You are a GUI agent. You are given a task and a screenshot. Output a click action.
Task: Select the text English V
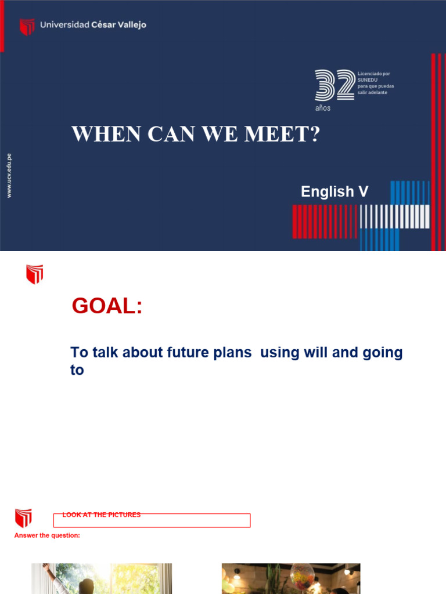334,191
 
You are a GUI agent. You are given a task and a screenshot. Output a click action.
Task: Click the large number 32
334,85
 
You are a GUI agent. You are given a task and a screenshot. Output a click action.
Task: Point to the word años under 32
323,108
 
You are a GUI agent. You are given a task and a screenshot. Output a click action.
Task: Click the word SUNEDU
368,80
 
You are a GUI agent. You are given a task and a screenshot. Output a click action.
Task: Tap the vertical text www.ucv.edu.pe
9,175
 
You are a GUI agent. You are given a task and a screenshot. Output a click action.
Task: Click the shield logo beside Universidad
27,27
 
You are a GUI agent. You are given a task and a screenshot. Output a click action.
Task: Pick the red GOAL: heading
107,306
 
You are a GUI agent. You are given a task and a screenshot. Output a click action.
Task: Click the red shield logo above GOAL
35,274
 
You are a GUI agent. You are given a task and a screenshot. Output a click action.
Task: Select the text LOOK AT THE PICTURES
102,515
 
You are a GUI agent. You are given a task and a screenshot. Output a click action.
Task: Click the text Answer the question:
47,535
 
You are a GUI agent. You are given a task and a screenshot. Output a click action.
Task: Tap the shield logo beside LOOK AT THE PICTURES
23,518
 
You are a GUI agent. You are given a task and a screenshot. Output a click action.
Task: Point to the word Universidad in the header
64,24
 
